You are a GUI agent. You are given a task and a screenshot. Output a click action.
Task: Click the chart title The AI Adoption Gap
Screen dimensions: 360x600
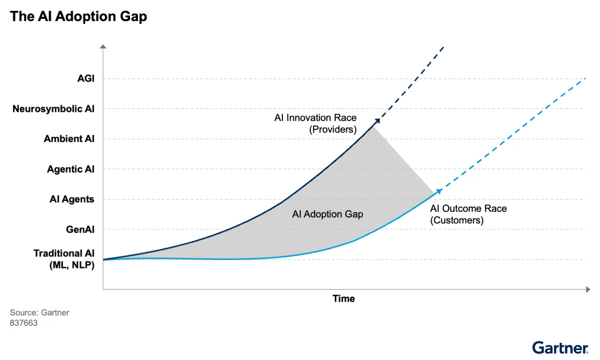[x=78, y=17]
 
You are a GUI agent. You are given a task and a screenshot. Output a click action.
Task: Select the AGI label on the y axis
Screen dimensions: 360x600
[x=86, y=79]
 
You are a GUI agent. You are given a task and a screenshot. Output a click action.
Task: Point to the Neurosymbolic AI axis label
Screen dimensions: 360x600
[x=53, y=109]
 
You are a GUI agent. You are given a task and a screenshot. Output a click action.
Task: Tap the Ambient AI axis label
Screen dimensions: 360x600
[x=69, y=139]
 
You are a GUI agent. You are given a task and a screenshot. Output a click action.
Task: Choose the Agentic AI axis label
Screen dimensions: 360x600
[x=70, y=169]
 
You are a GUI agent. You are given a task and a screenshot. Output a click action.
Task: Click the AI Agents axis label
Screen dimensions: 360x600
[x=72, y=199]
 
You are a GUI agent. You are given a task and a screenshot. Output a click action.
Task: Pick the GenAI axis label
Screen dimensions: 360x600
[x=80, y=230]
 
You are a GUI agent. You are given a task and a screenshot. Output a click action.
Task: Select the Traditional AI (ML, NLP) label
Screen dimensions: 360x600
[x=64, y=259]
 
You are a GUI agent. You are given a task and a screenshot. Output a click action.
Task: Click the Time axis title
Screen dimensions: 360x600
[x=344, y=299]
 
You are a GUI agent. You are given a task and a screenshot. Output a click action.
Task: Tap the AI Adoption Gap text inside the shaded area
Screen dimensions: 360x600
[x=327, y=214]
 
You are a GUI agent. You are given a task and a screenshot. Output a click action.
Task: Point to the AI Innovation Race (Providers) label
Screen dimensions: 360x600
[x=315, y=123]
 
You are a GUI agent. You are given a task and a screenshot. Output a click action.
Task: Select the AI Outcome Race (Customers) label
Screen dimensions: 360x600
[x=468, y=214]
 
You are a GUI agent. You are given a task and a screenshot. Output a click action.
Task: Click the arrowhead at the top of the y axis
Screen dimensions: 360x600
[x=103, y=46]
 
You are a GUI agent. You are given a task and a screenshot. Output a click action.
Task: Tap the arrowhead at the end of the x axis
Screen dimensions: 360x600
[x=587, y=290]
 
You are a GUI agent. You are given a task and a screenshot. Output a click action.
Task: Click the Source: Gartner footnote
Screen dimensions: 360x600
[x=39, y=313]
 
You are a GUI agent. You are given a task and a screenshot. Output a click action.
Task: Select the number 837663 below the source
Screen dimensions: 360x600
[x=23, y=323]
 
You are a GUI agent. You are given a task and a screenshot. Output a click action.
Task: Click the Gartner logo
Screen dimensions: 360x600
[x=560, y=347]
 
